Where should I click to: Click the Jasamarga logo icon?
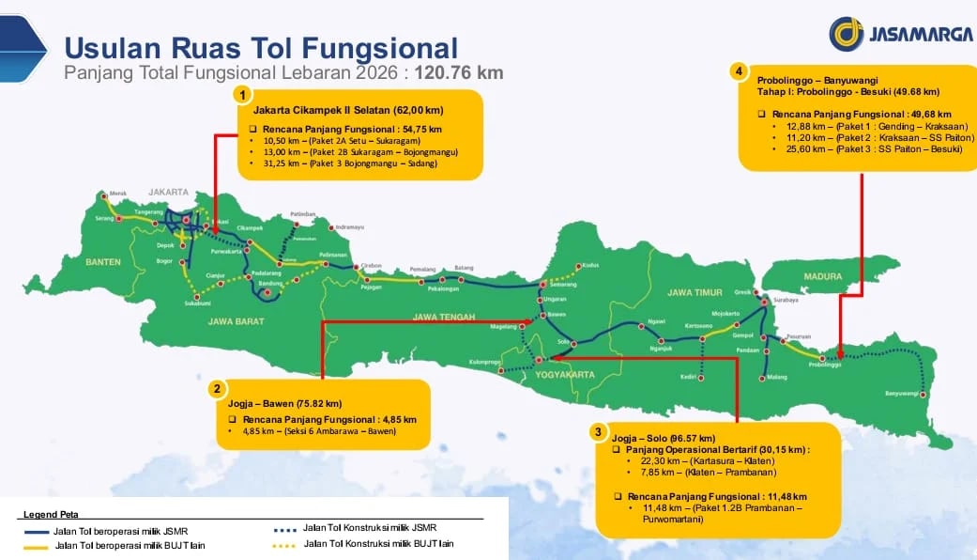(x=846, y=34)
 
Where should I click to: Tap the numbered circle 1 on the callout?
(x=243, y=95)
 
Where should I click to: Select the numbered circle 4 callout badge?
(x=740, y=71)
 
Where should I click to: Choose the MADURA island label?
(x=823, y=276)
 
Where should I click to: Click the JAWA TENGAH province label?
(x=444, y=316)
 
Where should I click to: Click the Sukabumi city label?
(x=196, y=304)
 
